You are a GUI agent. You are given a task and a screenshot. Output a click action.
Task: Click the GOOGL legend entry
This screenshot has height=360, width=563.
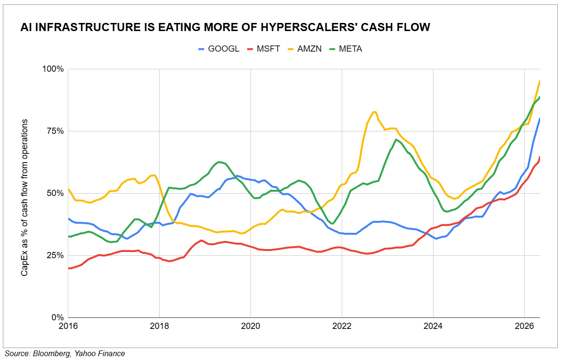pos(219,49)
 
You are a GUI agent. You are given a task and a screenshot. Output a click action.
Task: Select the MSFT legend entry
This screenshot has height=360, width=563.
pos(263,49)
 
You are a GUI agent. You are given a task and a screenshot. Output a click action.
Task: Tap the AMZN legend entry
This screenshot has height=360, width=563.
pos(304,49)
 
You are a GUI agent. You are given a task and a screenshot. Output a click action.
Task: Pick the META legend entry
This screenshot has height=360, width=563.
pos(346,49)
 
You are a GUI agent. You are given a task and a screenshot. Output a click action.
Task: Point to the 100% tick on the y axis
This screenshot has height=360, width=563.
pos(53,69)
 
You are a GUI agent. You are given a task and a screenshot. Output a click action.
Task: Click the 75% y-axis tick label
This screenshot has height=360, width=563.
pos(55,131)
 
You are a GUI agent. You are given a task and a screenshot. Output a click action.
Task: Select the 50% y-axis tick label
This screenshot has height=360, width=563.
pos(55,193)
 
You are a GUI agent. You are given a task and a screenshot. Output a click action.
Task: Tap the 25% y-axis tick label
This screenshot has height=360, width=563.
pos(55,255)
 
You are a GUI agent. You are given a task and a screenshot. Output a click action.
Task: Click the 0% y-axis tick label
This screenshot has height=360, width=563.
pos(57,317)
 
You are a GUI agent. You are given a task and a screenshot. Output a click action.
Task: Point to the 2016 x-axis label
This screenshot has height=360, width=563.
pos(68,326)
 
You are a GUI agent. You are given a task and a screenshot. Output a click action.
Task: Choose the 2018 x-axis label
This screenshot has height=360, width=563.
pos(160,326)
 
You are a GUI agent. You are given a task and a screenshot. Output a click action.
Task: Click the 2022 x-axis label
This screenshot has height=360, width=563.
pos(342,326)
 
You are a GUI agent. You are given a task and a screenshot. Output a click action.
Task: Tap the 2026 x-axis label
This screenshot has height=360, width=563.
pos(524,326)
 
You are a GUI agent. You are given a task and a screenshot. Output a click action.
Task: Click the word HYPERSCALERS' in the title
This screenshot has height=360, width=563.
pos(309,27)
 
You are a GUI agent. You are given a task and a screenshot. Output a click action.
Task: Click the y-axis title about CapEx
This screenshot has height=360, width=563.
pos(24,197)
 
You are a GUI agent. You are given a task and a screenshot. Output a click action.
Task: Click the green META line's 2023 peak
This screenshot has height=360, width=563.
pos(396,140)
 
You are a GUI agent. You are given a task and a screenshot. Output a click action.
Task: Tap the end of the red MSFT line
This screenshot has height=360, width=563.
pos(540,157)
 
